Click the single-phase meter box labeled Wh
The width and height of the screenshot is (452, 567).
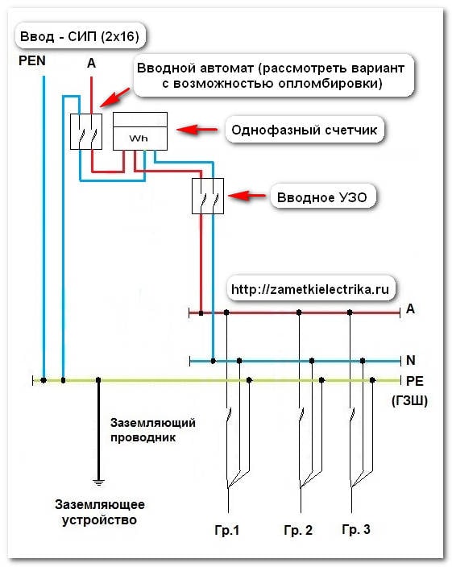pyautogui.click(x=140, y=131)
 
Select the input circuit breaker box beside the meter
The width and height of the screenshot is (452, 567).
pyautogui.click(x=86, y=131)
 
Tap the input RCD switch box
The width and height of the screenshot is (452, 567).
pyautogui.click(x=208, y=196)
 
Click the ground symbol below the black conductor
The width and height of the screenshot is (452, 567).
pyautogui.click(x=98, y=482)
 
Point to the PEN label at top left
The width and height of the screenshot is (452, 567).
pyautogui.click(x=32, y=60)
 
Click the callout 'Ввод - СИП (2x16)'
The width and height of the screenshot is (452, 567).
pyautogui.click(x=80, y=36)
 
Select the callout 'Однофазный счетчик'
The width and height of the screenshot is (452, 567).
pyautogui.click(x=304, y=130)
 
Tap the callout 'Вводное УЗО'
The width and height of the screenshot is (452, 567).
pyautogui.click(x=322, y=197)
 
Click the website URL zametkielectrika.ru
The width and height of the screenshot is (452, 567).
pyautogui.click(x=310, y=289)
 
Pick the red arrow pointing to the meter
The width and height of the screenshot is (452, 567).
pyautogui.click(x=197, y=130)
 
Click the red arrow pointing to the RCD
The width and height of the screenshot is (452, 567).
pyautogui.click(x=247, y=196)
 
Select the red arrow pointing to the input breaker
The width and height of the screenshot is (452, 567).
pyautogui.click(x=114, y=97)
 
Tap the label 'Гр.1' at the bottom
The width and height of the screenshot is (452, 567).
pyautogui.click(x=227, y=530)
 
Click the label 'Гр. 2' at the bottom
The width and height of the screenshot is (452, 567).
pyautogui.click(x=298, y=530)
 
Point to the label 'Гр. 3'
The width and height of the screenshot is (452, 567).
pyautogui.click(x=356, y=529)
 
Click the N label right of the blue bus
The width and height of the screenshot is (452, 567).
pyautogui.click(x=411, y=360)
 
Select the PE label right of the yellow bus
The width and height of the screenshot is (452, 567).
pyautogui.click(x=415, y=381)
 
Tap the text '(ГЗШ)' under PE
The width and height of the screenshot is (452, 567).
pyautogui.click(x=409, y=400)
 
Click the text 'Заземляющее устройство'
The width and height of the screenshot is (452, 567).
pyautogui.click(x=99, y=512)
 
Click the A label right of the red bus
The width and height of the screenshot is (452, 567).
pyautogui.click(x=410, y=308)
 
